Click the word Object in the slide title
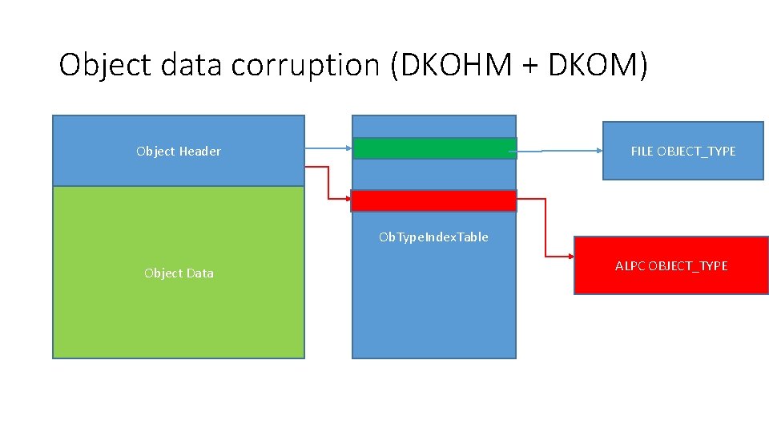click(x=105, y=65)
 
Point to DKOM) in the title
click(x=599, y=65)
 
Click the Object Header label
click(x=179, y=151)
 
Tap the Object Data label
click(x=179, y=273)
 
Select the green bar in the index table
click(x=434, y=148)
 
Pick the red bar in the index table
click(x=434, y=200)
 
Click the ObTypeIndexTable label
click(x=433, y=237)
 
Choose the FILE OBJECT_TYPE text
click(x=682, y=151)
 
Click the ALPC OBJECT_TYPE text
click(x=671, y=265)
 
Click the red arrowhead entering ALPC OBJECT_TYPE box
click(x=569, y=256)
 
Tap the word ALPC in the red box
click(x=630, y=265)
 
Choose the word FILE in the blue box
click(x=642, y=151)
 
